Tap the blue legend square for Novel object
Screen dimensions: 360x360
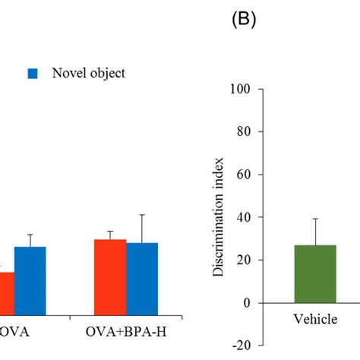[33, 74]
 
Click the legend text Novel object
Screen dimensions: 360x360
[88, 74]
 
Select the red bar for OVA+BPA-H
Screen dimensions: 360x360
[109, 276]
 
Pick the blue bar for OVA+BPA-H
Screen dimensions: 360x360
[143, 278]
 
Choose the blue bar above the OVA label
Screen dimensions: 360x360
[30, 280]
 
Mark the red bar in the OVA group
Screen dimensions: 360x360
[6, 292]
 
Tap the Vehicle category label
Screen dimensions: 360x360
[315, 320]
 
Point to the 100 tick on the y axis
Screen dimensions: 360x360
[242, 89]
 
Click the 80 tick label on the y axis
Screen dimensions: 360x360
[245, 131]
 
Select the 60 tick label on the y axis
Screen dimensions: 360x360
[245, 175]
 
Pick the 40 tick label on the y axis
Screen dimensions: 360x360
[245, 217]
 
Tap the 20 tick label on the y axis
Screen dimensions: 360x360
[245, 260]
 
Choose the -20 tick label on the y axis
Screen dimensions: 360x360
[243, 346]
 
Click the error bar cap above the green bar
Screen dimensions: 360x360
[315, 219]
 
